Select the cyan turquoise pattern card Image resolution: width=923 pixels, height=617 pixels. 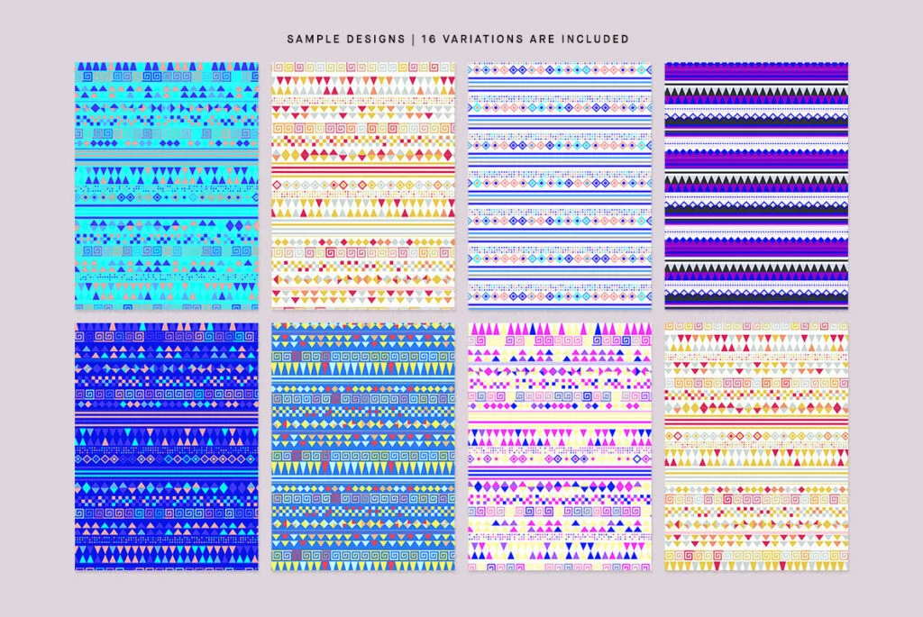(x=166, y=186)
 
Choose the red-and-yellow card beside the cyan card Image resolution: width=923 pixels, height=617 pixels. (x=363, y=186)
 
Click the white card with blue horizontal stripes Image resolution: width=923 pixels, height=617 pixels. (x=560, y=186)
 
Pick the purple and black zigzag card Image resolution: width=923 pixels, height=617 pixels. (x=756, y=186)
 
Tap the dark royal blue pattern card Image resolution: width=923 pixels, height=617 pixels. (x=166, y=447)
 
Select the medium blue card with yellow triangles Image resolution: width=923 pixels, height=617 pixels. (x=363, y=447)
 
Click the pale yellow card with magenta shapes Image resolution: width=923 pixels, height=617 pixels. (x=560, y=447)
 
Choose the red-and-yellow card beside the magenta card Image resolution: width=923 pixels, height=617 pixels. (x=756, y=447)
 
